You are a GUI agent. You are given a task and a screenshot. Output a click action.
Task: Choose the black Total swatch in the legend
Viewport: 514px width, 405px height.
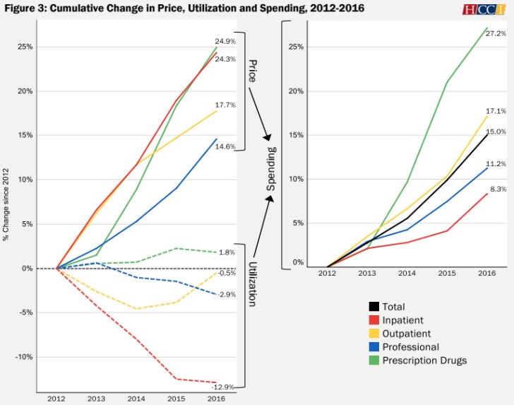(373, 307)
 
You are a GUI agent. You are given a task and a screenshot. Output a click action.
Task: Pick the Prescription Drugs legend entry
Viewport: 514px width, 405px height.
(424, 360)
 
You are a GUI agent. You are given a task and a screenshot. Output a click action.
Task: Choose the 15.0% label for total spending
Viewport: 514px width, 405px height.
(496, 131)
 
